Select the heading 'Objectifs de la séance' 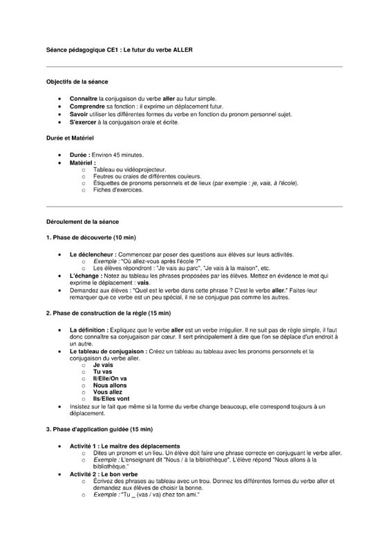click(77, 82)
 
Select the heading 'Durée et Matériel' click(69, 138)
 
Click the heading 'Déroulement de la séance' click(82, 222)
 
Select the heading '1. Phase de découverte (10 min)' click(91, 238)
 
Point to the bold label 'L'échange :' click(85, 276)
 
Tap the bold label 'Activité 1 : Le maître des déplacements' click(124, 446)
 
